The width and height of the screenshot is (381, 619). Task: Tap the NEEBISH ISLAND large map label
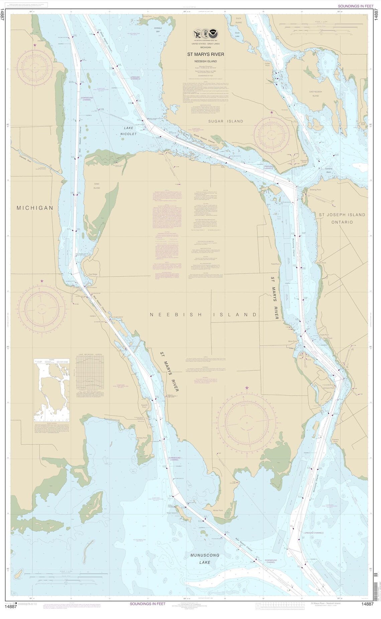pyautogui.click(x=203, y=315)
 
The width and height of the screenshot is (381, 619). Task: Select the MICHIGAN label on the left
pyautogui.click(x=35, y=208)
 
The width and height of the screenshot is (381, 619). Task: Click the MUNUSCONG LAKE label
pyautogui.click(x=205, y=558)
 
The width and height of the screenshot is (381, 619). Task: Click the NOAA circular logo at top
pyautogui.click(x=213, y=34)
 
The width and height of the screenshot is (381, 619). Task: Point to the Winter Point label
pyautogui.click(x=218, y=510)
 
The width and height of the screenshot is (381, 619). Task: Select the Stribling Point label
pyautogui.click(x=315, y=190)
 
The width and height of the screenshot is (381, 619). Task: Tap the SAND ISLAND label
pyautogui.click(x=97, y=186)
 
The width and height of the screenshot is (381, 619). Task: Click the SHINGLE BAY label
pyautogui.click(x=158, y=30)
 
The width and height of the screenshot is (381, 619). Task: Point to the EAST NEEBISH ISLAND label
pyautogui.click(x=315, y=94)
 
